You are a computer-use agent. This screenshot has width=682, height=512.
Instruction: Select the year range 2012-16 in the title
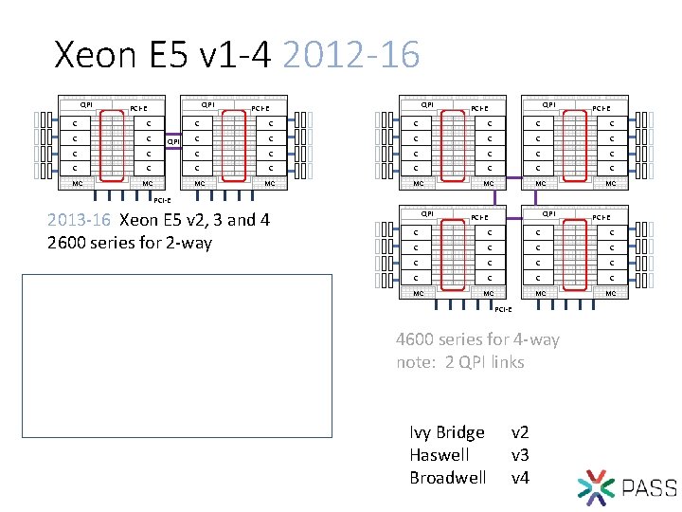(x=350, y=55)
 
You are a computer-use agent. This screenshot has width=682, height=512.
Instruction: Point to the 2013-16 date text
(x=81, y=221)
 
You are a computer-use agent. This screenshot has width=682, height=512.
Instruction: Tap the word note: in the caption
(x=419, y=362)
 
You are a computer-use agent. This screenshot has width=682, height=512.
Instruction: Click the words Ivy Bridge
(x=447, y=432)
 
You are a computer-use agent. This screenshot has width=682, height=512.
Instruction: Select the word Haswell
(x=439, y=455)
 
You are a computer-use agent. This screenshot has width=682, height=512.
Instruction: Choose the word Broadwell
(x=448, y=477)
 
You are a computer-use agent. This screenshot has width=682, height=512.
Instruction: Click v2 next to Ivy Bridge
(x=520, y=432)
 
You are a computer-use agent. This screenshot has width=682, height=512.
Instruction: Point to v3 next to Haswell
(x=520, y=455)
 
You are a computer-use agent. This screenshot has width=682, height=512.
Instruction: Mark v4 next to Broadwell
(x=520, y=477)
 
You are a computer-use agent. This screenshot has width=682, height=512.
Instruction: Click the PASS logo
(x=626, y=487)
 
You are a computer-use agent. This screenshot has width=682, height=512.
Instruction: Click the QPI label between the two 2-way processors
(x=173, y=142)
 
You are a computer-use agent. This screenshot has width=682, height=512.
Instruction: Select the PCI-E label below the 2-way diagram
(x=161, y=200)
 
